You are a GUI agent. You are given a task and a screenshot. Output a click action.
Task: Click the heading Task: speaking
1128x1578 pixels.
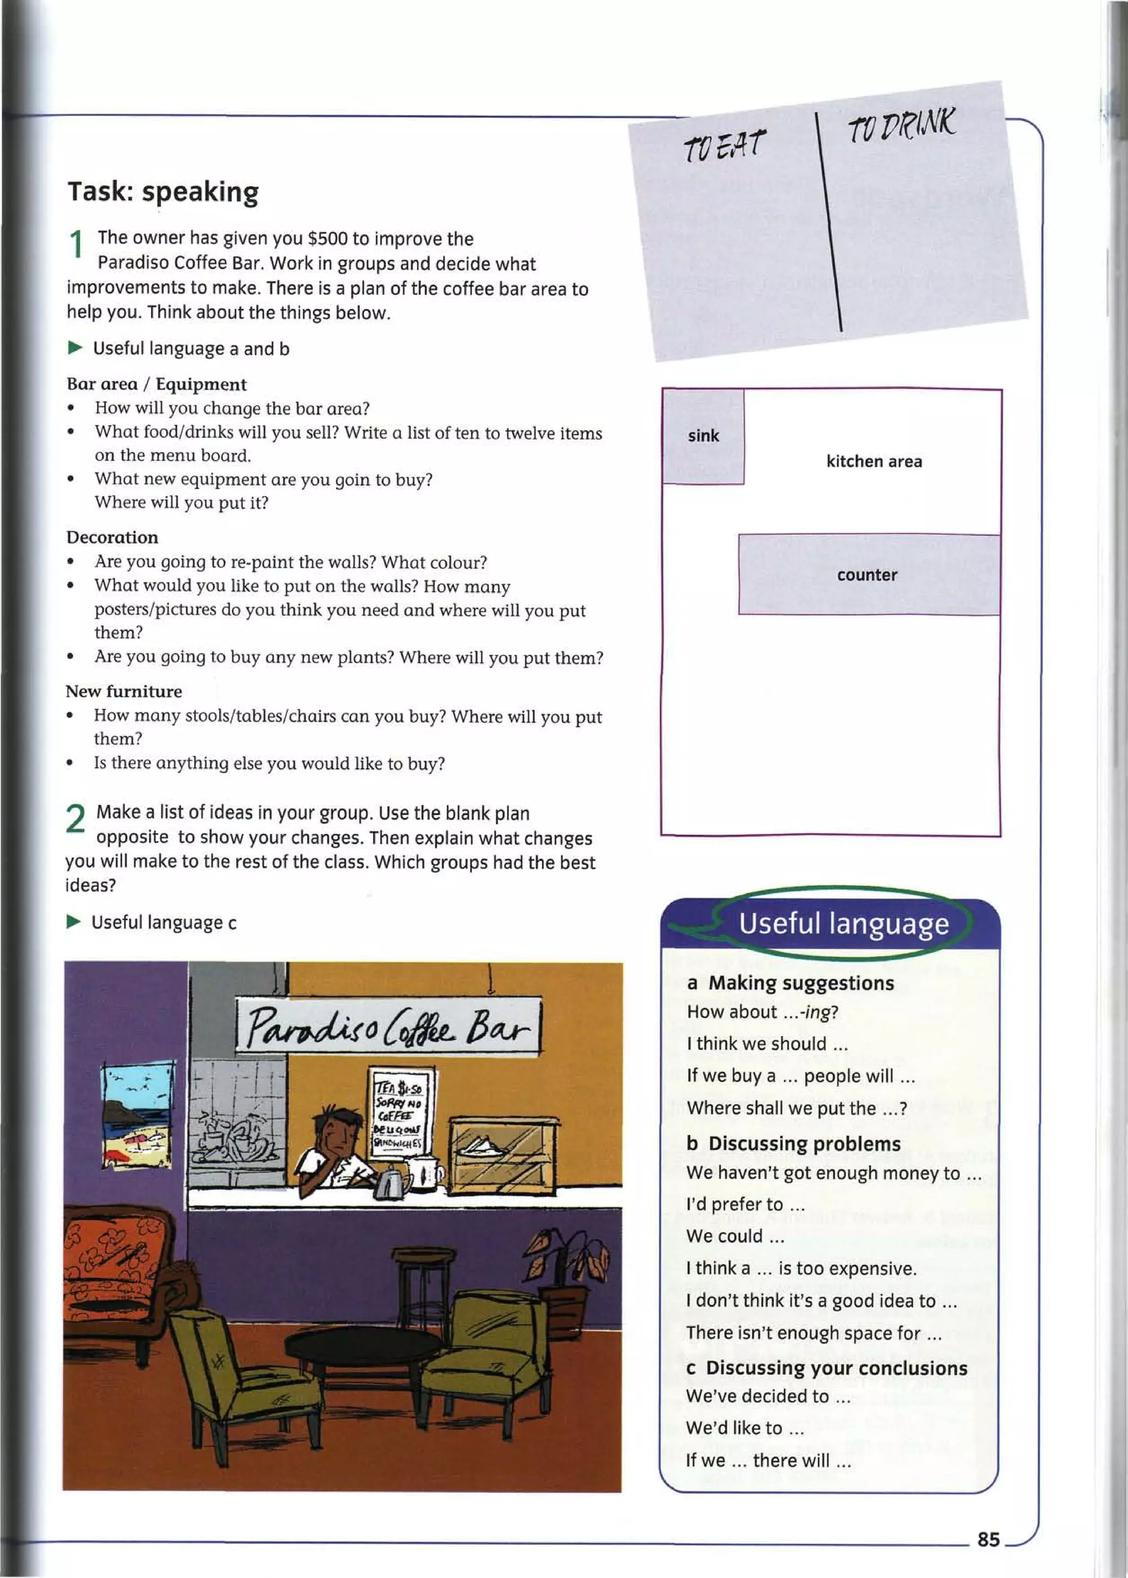tap(162, 192)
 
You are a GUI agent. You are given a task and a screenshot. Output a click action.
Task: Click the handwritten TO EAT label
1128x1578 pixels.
tap(724, 144)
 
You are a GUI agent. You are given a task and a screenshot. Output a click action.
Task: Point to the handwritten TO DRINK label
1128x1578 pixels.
tap(902, 125)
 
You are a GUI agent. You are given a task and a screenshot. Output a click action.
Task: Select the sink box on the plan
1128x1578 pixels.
tap(703, 436)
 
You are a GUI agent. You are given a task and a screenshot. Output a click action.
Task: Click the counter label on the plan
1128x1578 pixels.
tap(867, 575)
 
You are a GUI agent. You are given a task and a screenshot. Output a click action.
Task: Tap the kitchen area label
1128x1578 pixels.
tap(874, 461)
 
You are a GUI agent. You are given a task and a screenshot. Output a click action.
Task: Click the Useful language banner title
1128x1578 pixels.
tap(843, 924)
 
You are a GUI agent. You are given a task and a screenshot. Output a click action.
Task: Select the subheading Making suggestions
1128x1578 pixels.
tap(800, 983)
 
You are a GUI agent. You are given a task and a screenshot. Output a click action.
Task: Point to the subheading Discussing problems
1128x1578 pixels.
tap(804, 1143)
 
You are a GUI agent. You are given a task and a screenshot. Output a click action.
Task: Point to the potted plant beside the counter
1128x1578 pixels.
tap(566, 1272)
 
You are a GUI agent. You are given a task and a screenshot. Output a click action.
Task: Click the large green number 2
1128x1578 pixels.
tap(75, 819)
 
